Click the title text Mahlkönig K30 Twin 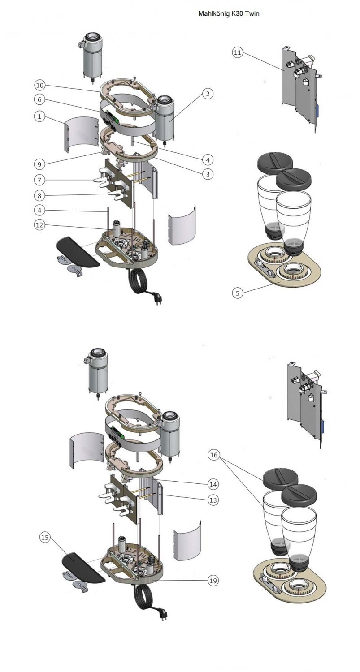point(229,14)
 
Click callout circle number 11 point(238,52)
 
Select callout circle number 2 point(207,94)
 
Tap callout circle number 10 point(40,85)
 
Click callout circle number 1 point(40,116)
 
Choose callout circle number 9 point(40,164)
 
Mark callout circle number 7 point(40,180)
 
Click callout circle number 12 point(40,225)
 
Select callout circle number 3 point(207,174)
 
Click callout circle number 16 point(214,455)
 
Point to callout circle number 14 point(213,484)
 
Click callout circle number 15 point(45,537)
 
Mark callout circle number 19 point(213,581)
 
